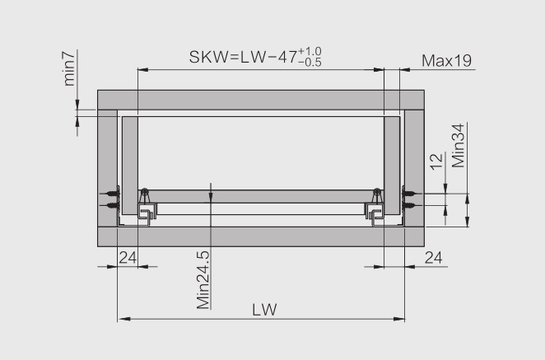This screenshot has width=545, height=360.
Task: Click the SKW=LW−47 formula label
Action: point(255,57)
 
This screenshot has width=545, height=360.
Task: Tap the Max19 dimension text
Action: point(447,61)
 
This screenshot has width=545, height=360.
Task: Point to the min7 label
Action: point(69,69)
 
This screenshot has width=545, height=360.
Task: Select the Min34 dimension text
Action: point(458,146)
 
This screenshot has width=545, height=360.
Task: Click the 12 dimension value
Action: point(436,161)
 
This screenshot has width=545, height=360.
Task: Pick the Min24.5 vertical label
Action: point(203,280)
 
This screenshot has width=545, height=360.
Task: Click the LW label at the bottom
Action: point(264,310)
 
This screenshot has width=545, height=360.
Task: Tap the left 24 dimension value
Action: point(128,258)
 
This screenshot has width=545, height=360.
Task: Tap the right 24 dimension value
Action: point(433,258)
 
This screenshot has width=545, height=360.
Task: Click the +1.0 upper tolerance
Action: point(310,51)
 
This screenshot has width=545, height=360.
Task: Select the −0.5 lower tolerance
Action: point(310,63)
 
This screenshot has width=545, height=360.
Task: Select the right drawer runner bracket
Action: point(375,208)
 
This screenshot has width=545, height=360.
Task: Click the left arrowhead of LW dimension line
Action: point(123,319)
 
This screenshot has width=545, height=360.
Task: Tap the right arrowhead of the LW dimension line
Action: point(398,319)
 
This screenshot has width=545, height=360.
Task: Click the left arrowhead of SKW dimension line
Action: point(143,69)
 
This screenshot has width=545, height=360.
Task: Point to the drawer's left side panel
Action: point(130,166)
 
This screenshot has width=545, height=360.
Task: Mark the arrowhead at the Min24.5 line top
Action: point(211,196)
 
